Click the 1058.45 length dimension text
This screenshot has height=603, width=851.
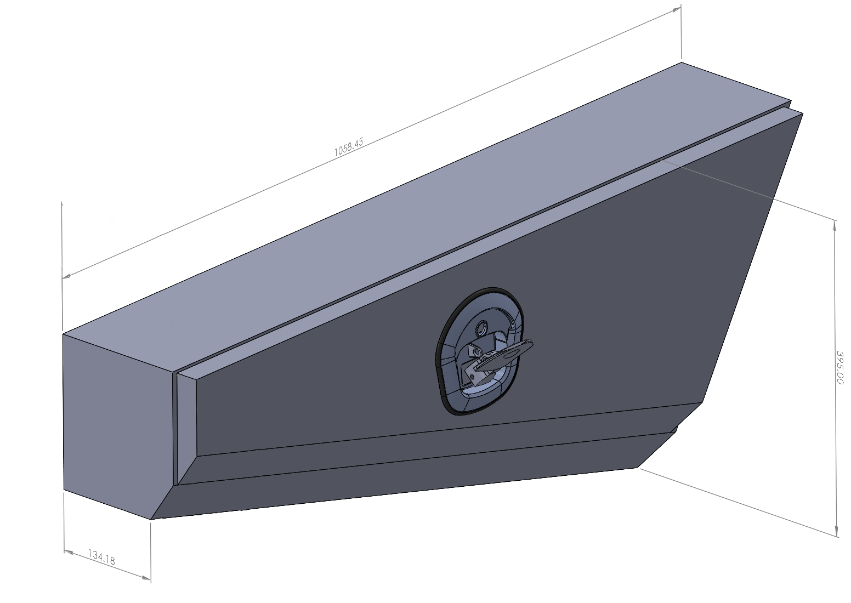click(348, 147)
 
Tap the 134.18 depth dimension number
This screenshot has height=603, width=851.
click(101, 558)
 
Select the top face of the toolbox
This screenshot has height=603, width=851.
click(384, 219)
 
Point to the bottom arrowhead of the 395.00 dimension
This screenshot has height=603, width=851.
click(836, 532)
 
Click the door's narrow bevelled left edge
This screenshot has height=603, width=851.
click(186, 428)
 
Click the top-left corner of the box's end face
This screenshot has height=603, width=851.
click(64, 334)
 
